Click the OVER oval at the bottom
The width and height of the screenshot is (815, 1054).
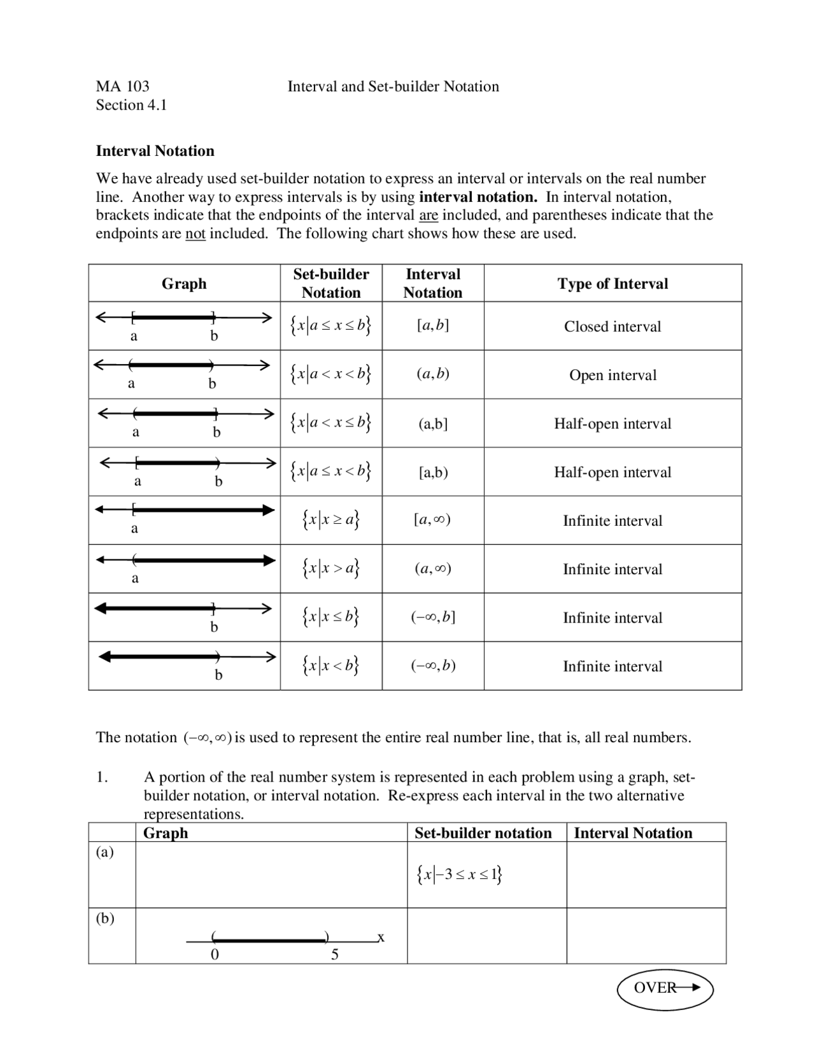(665, 988)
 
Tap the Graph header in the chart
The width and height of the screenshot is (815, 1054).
(184, 283)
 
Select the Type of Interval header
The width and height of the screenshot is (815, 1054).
(613, 283)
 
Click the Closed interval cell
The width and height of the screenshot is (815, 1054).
(613, 327)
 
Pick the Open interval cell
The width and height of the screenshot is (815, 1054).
(613, 375)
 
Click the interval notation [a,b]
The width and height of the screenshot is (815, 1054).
(433, 325)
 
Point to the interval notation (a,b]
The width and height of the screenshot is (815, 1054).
(433, 424)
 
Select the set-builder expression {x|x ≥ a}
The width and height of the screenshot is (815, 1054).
(331, 520)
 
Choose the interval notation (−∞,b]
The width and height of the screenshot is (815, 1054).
(433, 617)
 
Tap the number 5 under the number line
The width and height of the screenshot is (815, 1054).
(335, 955)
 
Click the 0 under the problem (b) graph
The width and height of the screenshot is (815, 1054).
(215, 955)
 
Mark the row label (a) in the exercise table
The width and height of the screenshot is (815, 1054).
(105, 852)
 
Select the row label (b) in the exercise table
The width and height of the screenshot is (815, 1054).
(105, 918)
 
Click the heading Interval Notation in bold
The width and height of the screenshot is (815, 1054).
(155, 151)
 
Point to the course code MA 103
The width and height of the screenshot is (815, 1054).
(123, 87)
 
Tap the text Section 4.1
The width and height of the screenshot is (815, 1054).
(131, 105)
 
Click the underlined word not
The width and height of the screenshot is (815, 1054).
(195, 234)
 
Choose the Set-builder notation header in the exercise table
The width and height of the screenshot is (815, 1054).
(483, 833)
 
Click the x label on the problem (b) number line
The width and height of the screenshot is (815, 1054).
(381, 937)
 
